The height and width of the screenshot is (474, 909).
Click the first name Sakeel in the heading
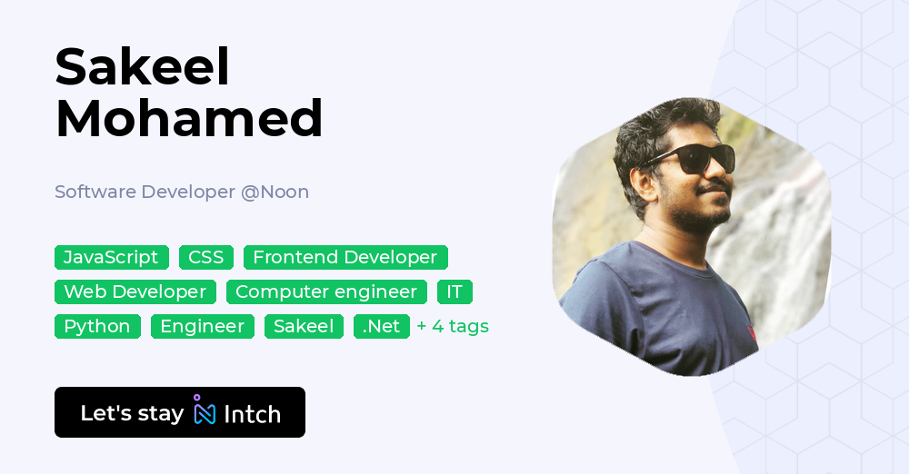[x=143, y=67]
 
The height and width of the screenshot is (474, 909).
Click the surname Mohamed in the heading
[x=189, y=117]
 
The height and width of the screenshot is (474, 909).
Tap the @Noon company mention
[x=275, y=192]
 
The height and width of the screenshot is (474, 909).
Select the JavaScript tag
[x=111, y=257]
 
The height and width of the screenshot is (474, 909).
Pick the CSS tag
[x=206, y=257]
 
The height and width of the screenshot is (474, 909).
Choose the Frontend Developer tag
[x=345, y=257]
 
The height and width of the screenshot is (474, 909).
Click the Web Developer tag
[x=135, y=291]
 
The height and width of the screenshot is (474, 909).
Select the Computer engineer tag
[x=326, y=291]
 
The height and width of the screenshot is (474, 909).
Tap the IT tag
[x=454, y=291]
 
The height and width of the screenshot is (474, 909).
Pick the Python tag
[x=97, y=326]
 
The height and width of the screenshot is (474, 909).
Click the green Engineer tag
[x=203, y=326]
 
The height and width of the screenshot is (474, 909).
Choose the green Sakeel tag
[x=304, y=326]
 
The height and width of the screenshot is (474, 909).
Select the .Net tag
[x=381, y=326]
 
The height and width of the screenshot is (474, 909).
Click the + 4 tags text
[x=453, y=326]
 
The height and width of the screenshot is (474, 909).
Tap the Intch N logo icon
[x=205, y=411]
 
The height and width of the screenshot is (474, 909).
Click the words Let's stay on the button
[x=132, y=413]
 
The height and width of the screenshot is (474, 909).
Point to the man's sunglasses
[x=691, y=161]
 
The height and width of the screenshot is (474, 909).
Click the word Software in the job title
[x=95, y=192]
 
